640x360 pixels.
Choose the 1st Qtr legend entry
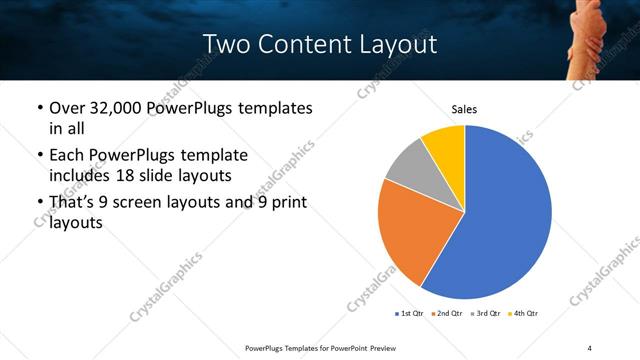pos(409,314)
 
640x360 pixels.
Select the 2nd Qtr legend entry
pos(447,314)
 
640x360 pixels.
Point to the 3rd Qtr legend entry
pos(486,314)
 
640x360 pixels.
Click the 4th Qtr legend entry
pos(524,314)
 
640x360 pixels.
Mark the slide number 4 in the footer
pos(589,347)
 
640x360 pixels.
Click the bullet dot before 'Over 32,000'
pos(38,108)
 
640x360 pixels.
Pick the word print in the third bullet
pos(288,203)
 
